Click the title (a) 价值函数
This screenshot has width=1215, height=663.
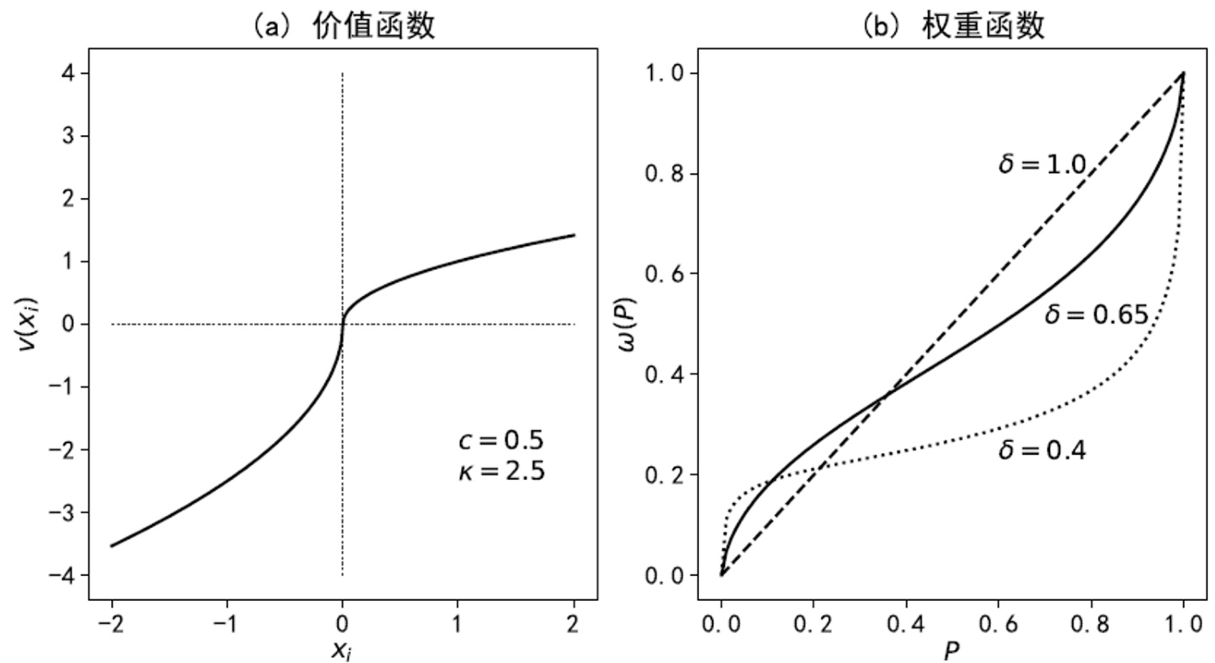click(x=342, y=27)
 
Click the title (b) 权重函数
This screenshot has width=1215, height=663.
click(x=953, y=27)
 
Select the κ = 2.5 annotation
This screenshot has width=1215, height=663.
click(x=501, y=471)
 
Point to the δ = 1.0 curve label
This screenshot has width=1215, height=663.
click(x=1041, y=164)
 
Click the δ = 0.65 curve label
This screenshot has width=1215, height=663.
click(x=1096, y=316)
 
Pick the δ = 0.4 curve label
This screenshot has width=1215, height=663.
click(x=1041, y=450)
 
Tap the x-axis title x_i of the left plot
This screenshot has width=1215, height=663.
click(x=342, y=650)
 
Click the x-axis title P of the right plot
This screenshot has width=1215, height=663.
click(x=951, y=650)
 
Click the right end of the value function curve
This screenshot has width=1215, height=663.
click(x=574, y=235)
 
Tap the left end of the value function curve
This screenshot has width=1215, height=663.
click(x=112, y=545)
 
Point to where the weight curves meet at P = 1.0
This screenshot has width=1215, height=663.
click(x=1183, y=74)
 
